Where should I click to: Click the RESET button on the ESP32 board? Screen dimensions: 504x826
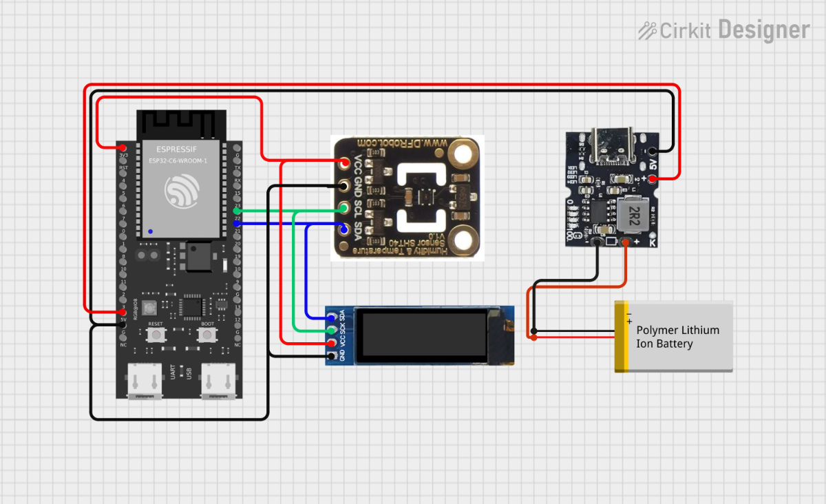click(156, 335)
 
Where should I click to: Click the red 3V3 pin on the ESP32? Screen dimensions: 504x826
click(123, 147)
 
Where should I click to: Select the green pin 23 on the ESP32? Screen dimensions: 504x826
click(237, 211)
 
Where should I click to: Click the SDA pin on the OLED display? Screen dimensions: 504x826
click(332, 317)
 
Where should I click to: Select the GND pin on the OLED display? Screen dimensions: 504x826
click(332, 356)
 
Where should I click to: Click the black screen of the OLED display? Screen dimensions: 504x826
click(423, 335)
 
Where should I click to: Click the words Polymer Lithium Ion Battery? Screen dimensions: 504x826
click(677, 337)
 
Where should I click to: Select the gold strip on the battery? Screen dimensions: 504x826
click(621, 337)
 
